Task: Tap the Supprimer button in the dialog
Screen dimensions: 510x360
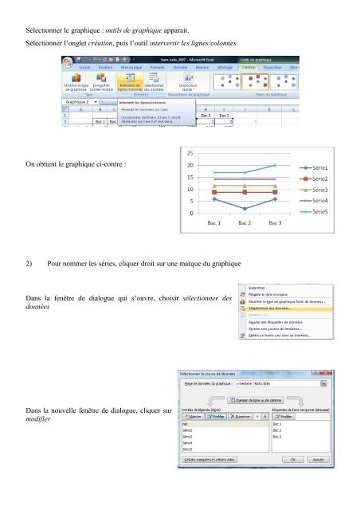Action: [x=241, y=415]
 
